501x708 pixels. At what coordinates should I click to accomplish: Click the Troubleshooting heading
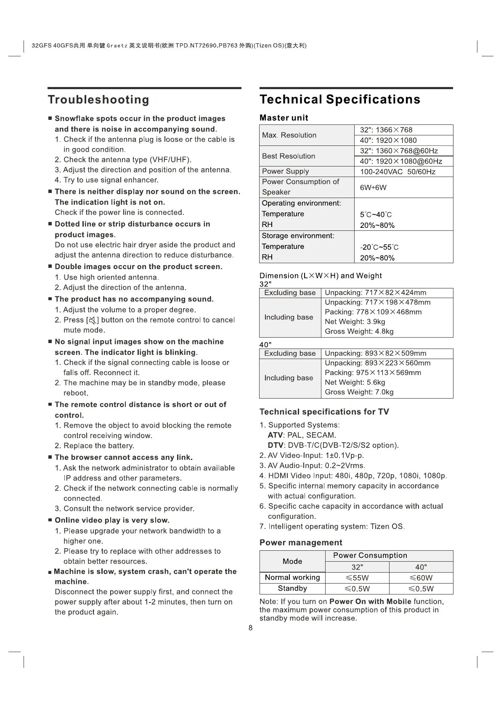point(98,100)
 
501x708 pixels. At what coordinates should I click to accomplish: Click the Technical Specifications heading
point(340,99)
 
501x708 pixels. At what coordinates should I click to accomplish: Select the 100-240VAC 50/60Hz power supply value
point(398,172)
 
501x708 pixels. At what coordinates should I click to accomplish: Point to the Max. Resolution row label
point(289,135)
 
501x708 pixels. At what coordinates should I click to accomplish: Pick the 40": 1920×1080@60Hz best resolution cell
point(401,161)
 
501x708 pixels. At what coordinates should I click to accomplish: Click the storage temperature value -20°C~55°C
point(379,247)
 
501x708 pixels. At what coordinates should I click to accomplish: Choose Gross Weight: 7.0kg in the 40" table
point(359,392)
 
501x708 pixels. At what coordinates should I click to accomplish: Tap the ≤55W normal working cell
point(357,578)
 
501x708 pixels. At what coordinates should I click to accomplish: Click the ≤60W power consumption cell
point(421,578)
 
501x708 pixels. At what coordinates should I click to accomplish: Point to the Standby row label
point(292,588)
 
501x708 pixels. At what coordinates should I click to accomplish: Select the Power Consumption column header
point(370,555)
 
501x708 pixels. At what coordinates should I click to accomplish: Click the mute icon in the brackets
point(93,320)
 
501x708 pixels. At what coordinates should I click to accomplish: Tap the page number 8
point(251,628)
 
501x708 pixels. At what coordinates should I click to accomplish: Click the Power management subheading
point(301,542)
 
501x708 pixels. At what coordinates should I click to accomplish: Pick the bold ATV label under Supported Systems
point(275,435)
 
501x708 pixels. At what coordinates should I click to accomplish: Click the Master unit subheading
point(284,118)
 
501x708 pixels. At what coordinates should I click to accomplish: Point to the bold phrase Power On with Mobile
point(370,601)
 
